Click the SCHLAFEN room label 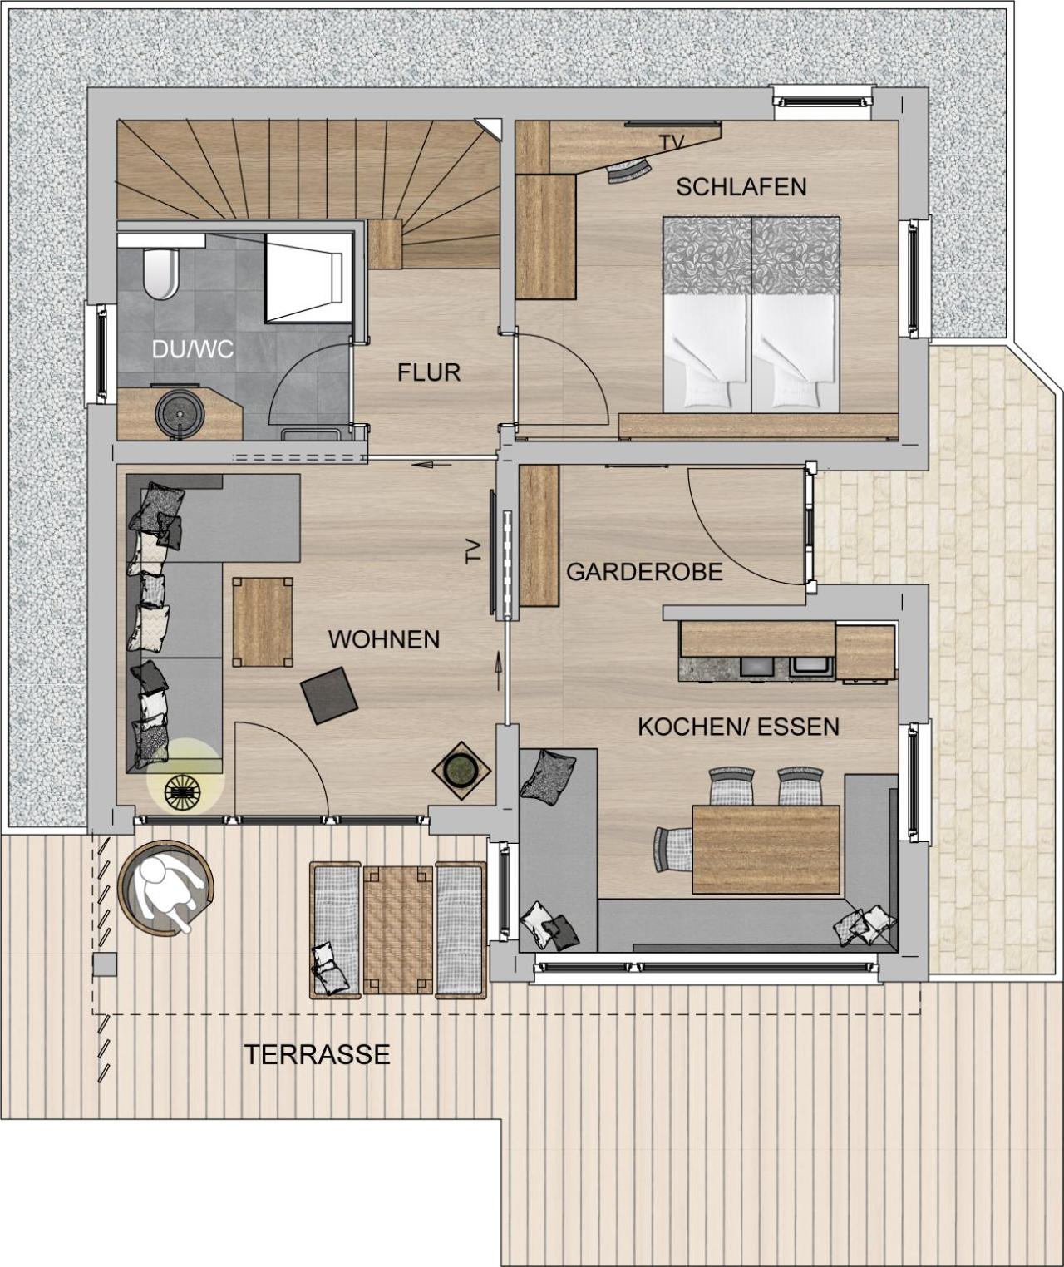coord(741,186)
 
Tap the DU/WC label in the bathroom coord(192,349)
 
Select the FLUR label coord(428,372)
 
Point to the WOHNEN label coord(383,639)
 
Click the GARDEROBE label coord(643,572)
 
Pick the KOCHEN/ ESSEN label coord(738,727)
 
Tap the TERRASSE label coord(317,1054)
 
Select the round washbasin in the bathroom coord(176,412)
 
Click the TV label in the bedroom coord(672,143)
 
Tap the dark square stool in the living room coord(329,695)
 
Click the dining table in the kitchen coord(766,849)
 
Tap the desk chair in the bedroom coord(628,171)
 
